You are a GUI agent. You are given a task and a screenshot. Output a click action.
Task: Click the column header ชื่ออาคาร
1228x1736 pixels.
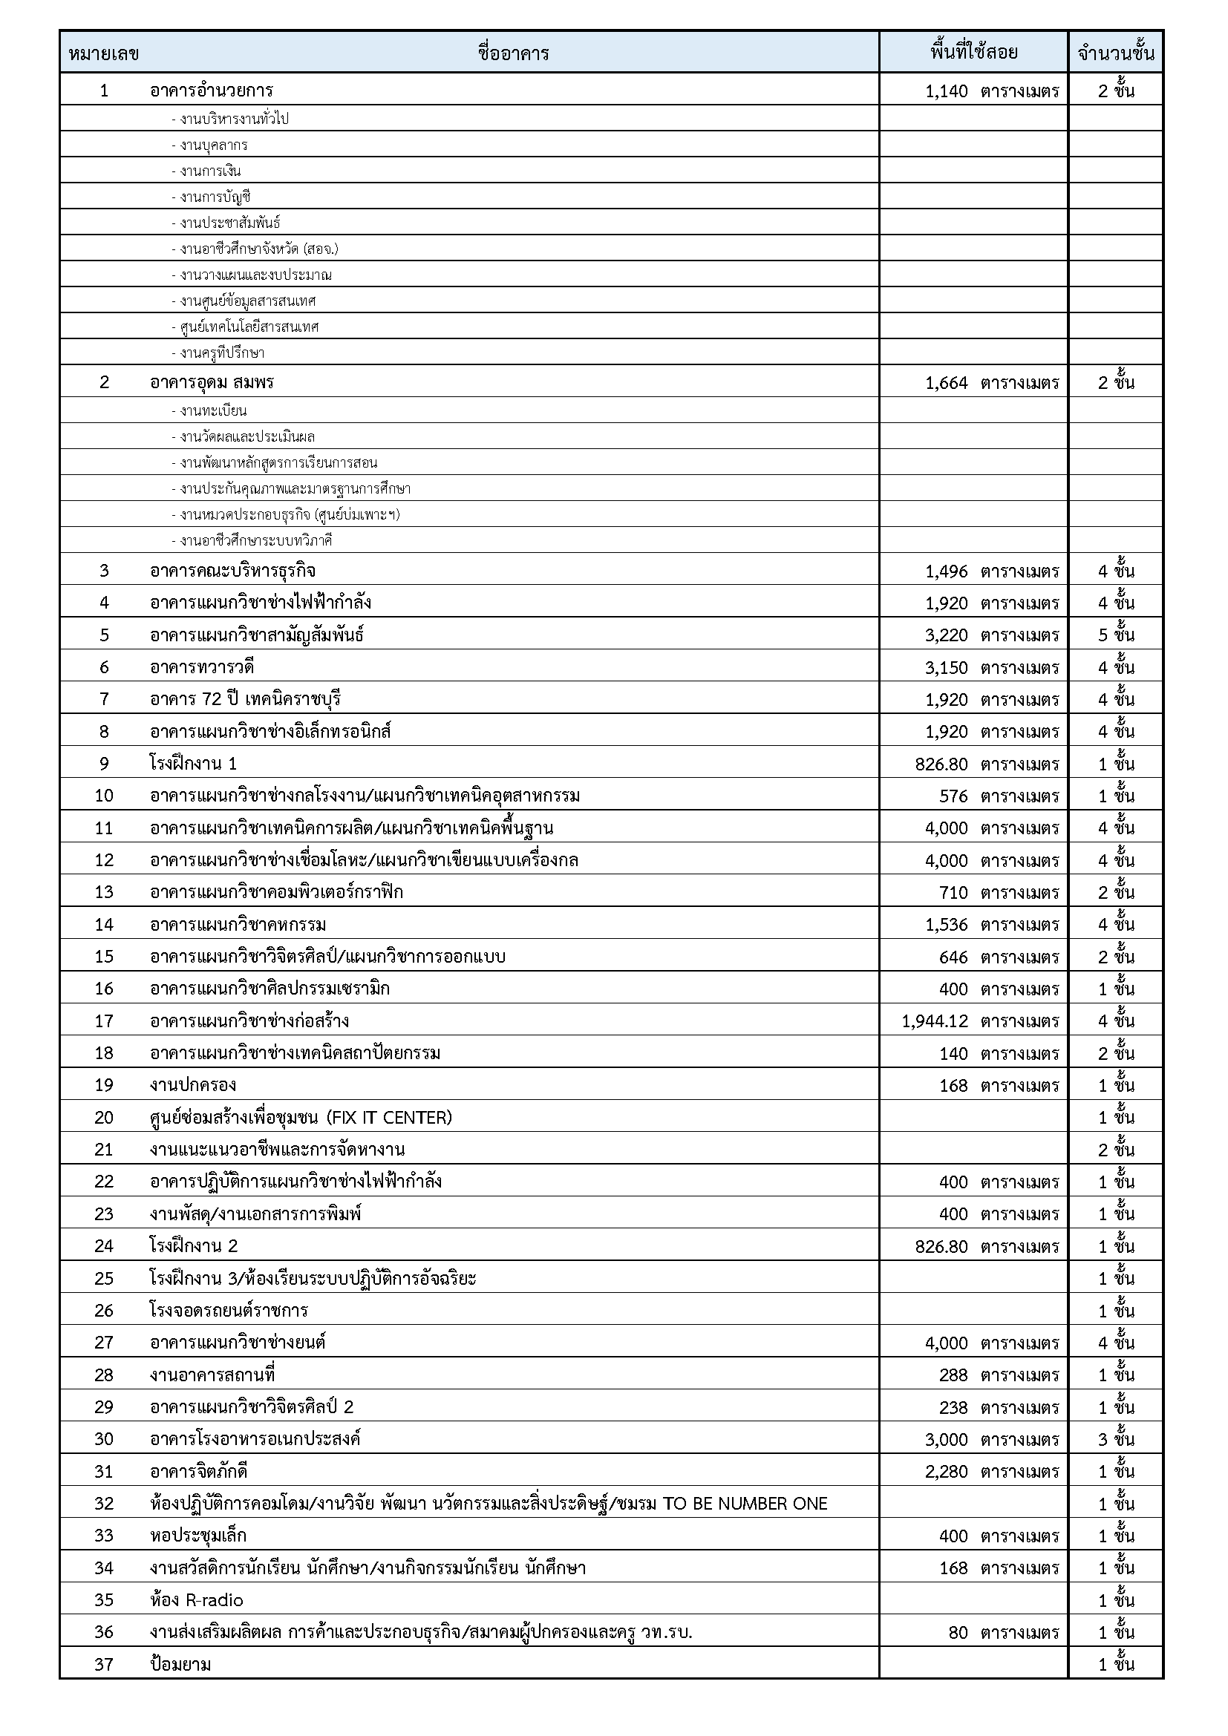tap(514, 53)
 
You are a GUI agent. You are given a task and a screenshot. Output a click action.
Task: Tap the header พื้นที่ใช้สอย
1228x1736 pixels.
tap(973, 52)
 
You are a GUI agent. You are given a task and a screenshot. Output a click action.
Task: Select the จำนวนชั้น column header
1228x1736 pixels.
tap(1115, 53)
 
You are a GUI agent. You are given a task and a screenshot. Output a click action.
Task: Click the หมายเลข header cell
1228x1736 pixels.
tap(104, 53)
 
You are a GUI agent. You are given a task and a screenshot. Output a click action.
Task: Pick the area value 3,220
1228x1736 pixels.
tap(946, 635)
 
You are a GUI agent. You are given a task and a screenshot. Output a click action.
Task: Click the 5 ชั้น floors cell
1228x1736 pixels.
tap(1116, 635)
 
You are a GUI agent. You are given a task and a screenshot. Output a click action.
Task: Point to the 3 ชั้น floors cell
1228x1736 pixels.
tap(1116, 1439)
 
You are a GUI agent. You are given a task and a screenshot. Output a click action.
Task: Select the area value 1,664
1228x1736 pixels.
tap(946, 382)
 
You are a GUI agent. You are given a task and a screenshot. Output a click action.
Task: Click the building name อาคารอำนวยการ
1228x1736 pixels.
tap(211, 91)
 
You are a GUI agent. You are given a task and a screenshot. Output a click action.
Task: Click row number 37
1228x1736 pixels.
tap(104, 1664)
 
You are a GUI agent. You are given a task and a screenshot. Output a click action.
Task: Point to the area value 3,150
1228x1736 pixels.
tap(946, 668)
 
